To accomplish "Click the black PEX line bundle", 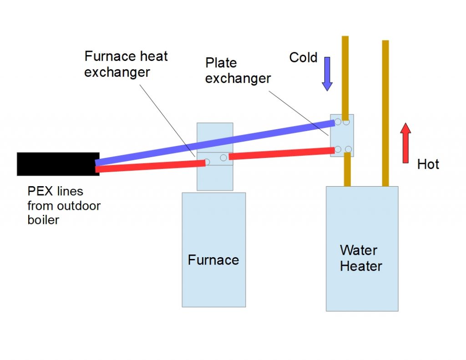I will [58, 164].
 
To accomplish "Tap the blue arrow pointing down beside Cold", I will [327, 74].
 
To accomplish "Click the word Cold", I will [303, 58].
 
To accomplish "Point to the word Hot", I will [428, 164].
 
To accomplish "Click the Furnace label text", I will [213, 260].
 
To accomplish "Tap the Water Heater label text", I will [361, 258].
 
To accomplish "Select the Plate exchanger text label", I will [238, 71].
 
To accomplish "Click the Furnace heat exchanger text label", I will [126, 64].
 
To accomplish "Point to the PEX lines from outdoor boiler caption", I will [64, 205].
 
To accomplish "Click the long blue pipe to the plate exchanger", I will [214, 142].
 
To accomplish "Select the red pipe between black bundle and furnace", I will [150, 166].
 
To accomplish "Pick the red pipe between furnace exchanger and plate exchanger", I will [279, 153].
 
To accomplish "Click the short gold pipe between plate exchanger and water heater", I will [347, 170].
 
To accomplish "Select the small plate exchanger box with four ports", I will [342, 136].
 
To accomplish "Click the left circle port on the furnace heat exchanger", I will [207, 162].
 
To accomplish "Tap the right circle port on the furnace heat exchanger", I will [223, 157].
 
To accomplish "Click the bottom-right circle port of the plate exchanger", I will [348, 149].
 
